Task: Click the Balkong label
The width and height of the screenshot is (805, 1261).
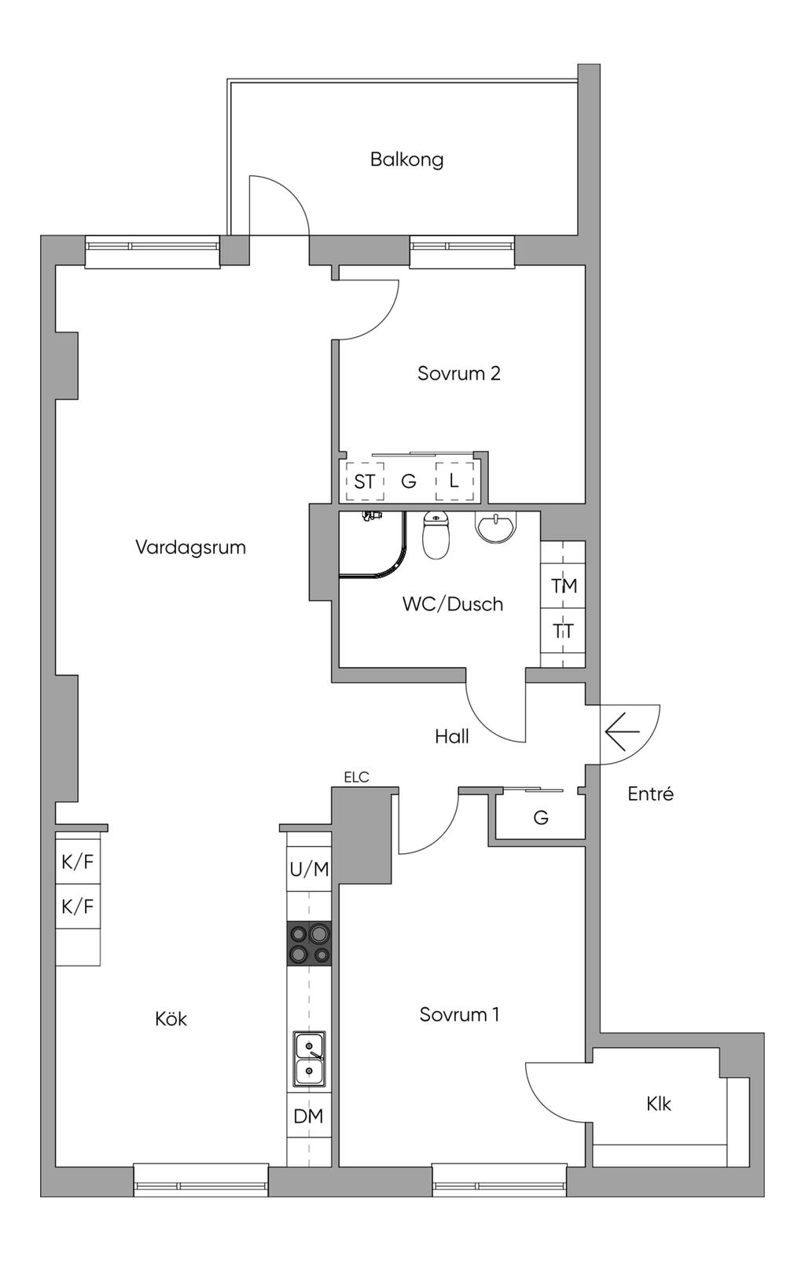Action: coord(406,159)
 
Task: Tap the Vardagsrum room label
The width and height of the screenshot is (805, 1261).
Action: coord(190,547)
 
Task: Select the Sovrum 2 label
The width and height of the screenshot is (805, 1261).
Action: coord(458,373)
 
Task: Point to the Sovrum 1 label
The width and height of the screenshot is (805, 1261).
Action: coord(459,1014)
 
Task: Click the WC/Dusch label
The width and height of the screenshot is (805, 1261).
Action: coord(452,604)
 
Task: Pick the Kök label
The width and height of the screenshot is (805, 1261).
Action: coord(171,1019)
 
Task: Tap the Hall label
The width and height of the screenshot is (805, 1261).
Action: coord(452,736)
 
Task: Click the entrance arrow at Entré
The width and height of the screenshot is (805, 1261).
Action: coord(623,733)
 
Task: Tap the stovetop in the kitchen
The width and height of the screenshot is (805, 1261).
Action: coord(309,944)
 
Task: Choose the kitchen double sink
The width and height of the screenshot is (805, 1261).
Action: coord(309,1058)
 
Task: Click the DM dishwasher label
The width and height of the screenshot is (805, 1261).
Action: coord(308,1116)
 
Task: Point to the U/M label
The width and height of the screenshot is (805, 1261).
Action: coord(309,869)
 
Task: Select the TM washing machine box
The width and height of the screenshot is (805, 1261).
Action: coord(564,586)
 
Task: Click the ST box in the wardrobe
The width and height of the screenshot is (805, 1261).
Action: coord(364,482)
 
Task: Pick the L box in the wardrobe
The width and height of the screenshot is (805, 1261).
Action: coord(454,481)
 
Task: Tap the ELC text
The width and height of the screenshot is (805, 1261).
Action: coord(356,777)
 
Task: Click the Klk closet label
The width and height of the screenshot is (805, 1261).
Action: coord(659,1104)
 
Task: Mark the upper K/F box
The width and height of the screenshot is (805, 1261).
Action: coord(77,862)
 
